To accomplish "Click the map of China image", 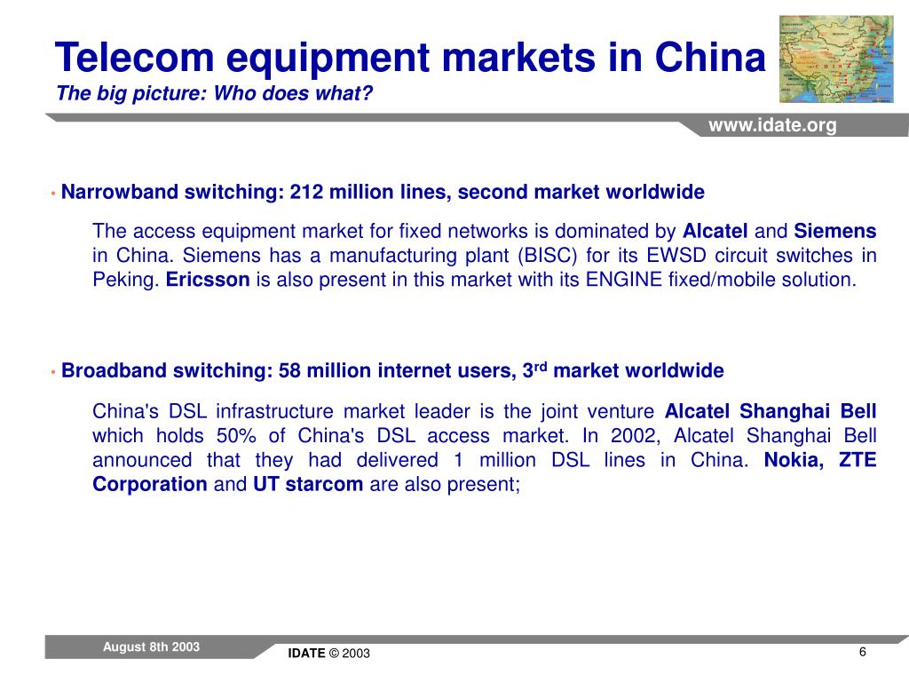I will coord(835,59).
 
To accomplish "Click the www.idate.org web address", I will coord(771,126).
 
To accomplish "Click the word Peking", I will coord(126,281).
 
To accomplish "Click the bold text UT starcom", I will coord(308,485).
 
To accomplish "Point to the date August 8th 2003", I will coord(151,647).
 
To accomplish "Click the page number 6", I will coord(862,653).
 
